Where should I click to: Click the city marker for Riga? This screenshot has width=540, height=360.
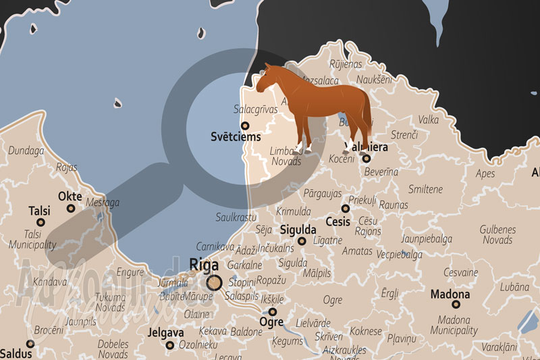(214, 282)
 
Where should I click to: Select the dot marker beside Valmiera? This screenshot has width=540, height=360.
(367, 159)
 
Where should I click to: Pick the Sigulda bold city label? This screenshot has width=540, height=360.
(298, 228)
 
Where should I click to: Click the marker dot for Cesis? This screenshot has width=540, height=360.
(345, 209)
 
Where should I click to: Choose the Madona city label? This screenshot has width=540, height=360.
(451, 294)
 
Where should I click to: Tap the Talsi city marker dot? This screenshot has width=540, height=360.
(40, 222)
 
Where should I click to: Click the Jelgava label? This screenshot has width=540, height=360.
(165, 332)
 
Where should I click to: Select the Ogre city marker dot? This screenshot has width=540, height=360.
(272, 312)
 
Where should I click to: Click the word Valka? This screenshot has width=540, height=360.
(429, 120)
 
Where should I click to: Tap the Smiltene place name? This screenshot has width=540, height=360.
(425, 189)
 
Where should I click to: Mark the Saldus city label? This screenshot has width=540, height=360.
(16, 353)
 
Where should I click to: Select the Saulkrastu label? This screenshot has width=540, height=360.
(236, 217)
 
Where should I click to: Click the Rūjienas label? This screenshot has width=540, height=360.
(346, 64)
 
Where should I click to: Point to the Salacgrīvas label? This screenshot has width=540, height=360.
(255, 109)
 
